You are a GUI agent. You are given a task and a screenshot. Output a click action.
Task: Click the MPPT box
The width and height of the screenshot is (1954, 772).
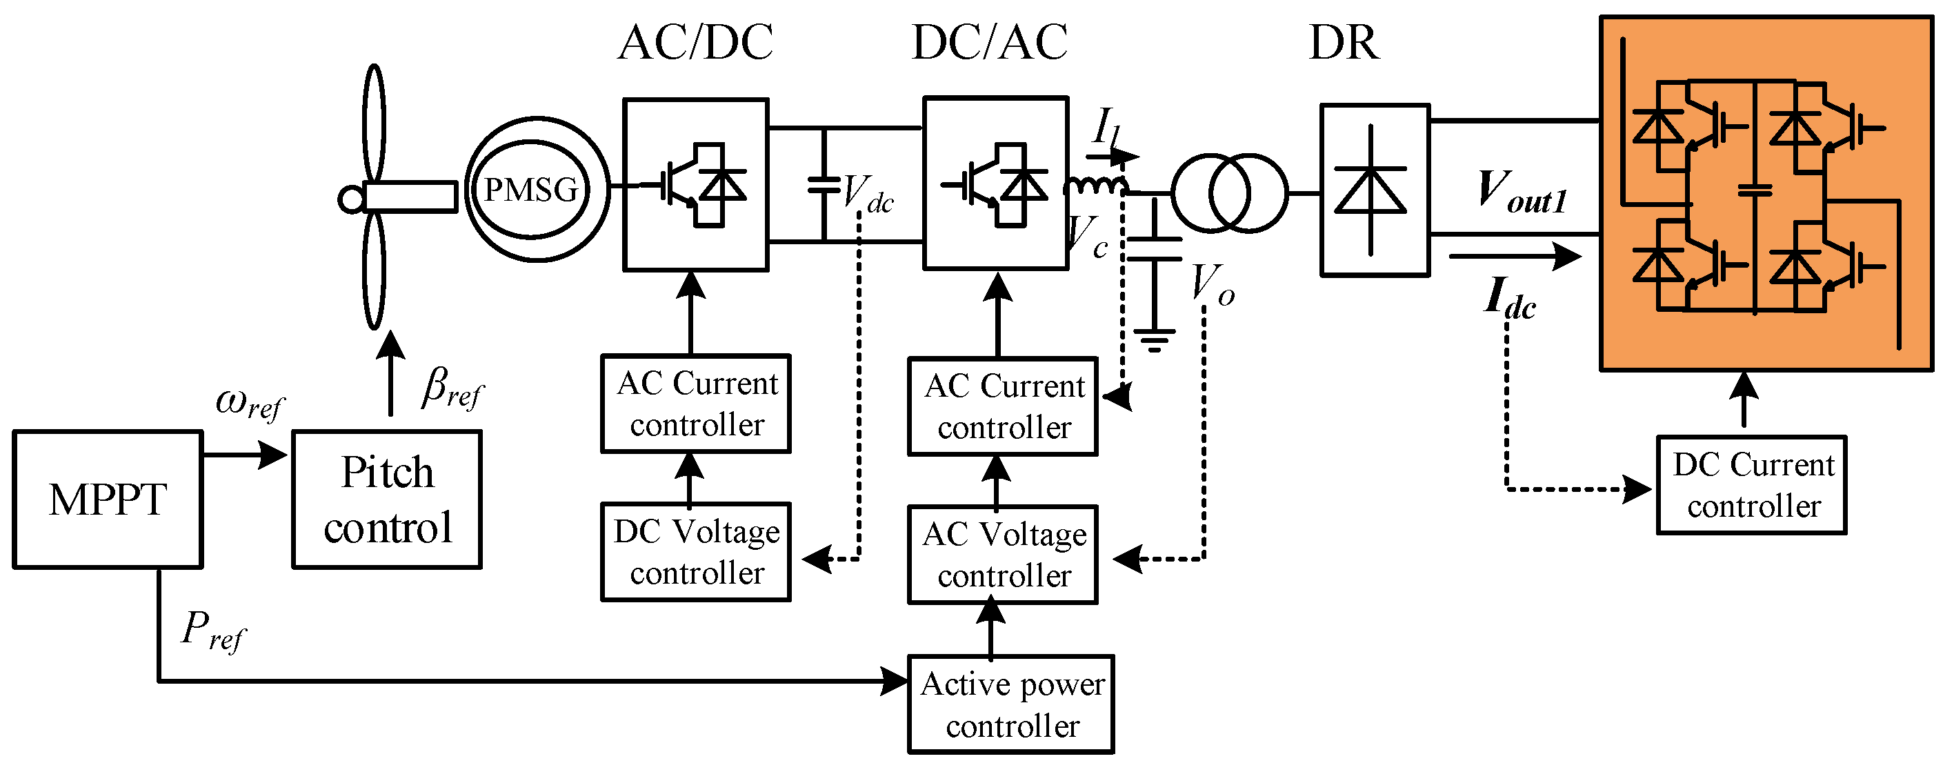pos(108,499)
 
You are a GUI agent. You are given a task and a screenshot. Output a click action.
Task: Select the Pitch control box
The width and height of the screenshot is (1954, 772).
pos(387,499)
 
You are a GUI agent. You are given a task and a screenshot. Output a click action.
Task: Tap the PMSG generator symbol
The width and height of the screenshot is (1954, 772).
pos(537,189)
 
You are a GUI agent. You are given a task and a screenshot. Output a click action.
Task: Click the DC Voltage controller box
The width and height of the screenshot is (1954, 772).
pos(695,552)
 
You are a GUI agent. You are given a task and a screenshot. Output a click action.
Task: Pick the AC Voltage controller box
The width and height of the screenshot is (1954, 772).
pos(1003,554)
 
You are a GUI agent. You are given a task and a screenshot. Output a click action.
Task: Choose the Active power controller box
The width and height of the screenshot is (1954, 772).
pos(1010,704)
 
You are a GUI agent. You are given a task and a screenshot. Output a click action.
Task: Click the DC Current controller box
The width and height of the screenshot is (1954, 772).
pos(1751,485)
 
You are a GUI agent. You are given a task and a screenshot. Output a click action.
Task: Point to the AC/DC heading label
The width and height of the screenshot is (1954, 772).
pos(695,42)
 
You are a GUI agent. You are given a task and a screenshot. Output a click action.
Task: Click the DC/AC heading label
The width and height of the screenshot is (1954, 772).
pos(990,42)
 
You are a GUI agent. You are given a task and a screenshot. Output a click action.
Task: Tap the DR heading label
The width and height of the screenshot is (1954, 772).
pos(1344,42)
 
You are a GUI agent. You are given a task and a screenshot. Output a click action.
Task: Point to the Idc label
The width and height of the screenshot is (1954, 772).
pos(1510,298)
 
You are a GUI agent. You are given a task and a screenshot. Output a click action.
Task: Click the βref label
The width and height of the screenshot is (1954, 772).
pos(452,388)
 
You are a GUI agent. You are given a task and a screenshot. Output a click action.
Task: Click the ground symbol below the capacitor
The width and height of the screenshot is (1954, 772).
pos(1154,340)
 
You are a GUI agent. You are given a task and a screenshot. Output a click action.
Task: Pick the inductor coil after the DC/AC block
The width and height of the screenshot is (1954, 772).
pos(1096,186)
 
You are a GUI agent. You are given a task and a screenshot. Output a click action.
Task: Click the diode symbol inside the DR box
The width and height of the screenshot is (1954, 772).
pos(1370,190)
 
